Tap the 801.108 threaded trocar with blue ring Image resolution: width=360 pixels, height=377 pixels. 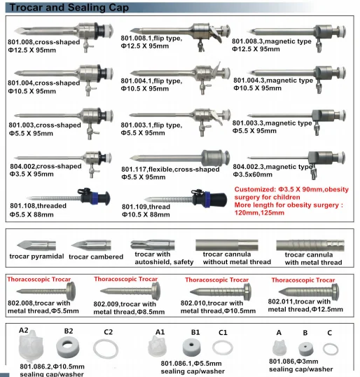coord(64,196)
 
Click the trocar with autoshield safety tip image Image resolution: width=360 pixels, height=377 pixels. coord(158,244)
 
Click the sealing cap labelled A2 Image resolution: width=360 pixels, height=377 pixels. coord(29,345)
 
